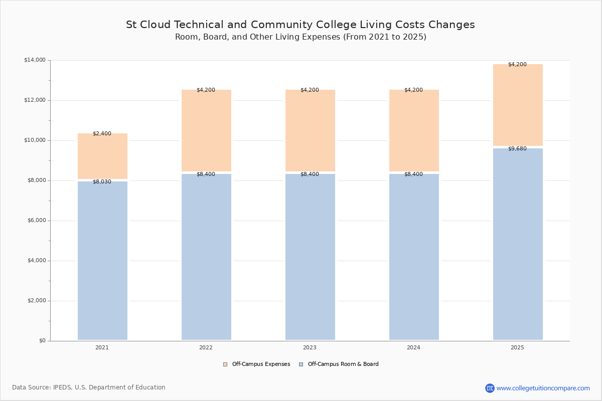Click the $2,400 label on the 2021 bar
[102, 133]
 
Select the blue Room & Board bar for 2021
[103, 261]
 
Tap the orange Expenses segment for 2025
[518, 105]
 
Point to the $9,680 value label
[517, 148]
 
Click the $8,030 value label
[102, 181]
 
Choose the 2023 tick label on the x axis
[310, 347]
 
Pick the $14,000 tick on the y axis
[35, 60]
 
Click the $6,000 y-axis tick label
[37, 221]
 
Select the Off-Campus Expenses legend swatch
[225, 364]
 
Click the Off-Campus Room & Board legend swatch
[301, 364]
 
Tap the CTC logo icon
[490, 388]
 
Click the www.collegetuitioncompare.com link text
[543, 388]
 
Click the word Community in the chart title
[281, 25]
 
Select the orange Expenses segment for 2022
[206, 130]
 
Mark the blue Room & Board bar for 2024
[414, 257]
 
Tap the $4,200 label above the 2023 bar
[310, 90]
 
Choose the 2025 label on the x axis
[517, 347]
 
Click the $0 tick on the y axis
[43, 341]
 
